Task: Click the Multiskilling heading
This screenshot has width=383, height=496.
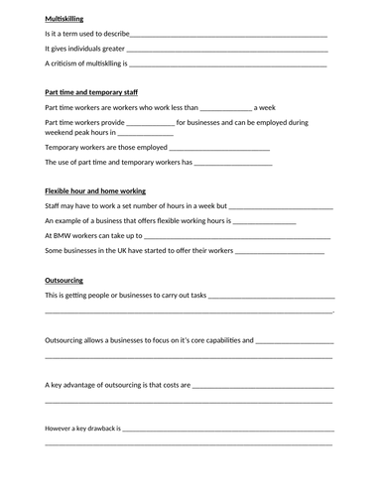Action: coord(64,17)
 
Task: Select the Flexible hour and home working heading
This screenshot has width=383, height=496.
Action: coord(95,189)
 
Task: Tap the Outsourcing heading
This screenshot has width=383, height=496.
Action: coord(64,280)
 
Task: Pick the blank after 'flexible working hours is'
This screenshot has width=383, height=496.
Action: coord(264,220)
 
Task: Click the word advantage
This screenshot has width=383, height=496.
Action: coord(79,384)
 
